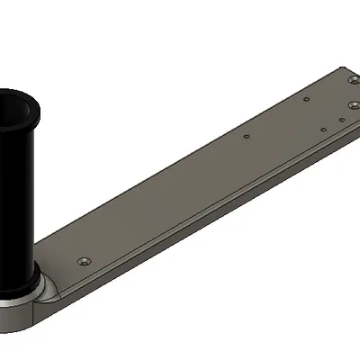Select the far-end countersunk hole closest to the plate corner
349,83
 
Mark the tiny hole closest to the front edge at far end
323,128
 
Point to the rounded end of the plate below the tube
27,318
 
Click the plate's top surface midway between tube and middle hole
144,211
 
